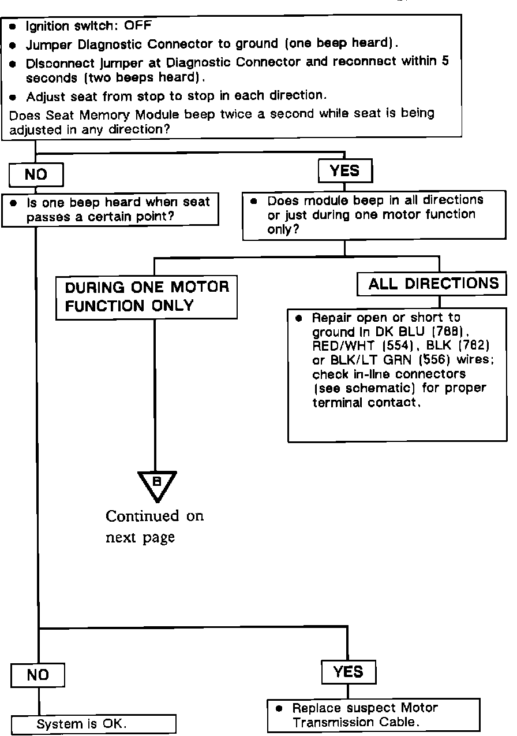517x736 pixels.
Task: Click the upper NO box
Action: tap(36, 174)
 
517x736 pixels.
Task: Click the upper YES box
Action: tap(345, 171)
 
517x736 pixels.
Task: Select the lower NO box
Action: tap(38, 675)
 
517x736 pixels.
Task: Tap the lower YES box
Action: tap(349, 672)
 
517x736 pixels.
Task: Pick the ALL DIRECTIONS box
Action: tap(433, 284)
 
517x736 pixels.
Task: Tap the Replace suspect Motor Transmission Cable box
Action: tap(373, 715)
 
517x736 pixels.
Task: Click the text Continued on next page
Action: tap(154, 526)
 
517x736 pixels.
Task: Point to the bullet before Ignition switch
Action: tap(12, 27)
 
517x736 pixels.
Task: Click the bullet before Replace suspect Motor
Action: tap(279, 708)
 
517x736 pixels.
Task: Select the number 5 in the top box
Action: tap(445, 61)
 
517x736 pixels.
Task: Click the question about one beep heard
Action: tap(116, 209)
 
